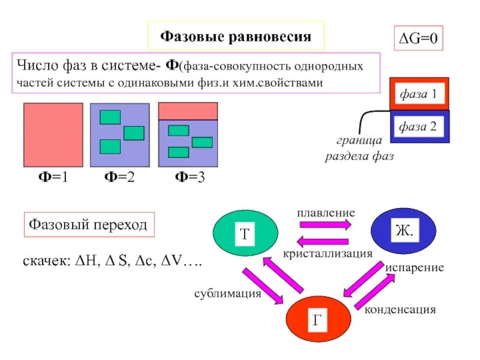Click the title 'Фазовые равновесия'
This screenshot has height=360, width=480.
(236, 37)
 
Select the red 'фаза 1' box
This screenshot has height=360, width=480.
(419, 94)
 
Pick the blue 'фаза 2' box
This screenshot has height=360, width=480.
(419, 127)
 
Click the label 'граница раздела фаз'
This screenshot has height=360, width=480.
(359, 149)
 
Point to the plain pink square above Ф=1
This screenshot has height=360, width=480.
(53, 134)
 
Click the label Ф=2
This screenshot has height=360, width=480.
(119, 178)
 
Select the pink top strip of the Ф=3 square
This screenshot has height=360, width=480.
(187, 111)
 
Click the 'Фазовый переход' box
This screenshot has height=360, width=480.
(88, 225)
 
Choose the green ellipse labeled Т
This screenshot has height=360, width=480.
(245, 235)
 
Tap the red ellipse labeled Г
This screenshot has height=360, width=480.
(317, 319)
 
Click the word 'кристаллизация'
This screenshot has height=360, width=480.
(328, 254)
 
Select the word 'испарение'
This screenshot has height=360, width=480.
(415, 268)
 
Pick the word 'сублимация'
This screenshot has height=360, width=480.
(227, 293)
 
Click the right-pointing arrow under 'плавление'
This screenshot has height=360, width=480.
(325, 224)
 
